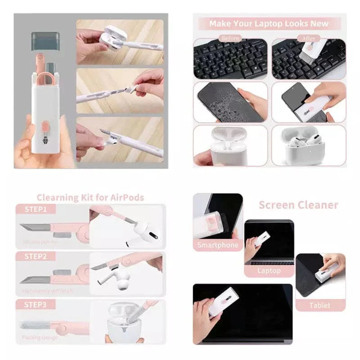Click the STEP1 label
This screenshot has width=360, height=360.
pos(36,209)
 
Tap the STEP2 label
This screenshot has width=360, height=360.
pos(36,256)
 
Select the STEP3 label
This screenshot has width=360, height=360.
pos(36,305)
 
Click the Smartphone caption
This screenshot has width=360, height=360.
pos(218,245)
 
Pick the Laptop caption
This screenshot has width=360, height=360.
pos(269,271)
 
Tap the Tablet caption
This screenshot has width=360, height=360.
pos(319,305)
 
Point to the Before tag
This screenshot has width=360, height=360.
pos(230,39)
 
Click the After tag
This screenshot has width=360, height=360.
pos(309,39)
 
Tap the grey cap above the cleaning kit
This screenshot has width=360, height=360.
pos(45,40)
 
